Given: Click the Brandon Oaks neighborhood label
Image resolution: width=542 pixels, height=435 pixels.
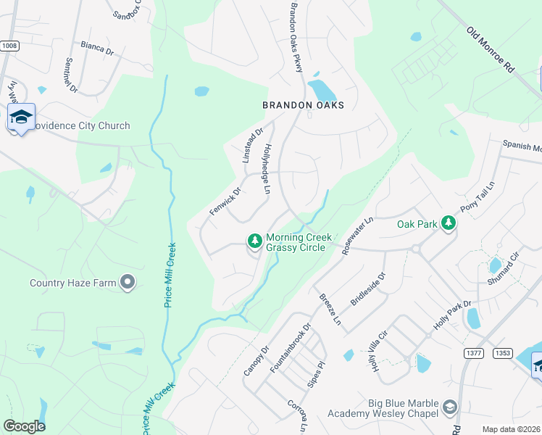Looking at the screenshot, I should pyautogui.click(x=303, y=105).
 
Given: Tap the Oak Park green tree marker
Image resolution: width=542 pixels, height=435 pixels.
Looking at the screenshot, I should pyautogui.click(x=449, y=224).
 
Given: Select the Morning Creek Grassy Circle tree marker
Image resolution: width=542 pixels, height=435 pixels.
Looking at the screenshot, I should pyautogui.click(x=254, y=240).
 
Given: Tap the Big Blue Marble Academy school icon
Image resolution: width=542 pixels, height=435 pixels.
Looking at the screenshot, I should pyautogui.click(x=450, y=407).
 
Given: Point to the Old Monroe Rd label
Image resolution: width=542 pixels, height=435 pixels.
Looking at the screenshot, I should pyautogui.click(x=491, y=49).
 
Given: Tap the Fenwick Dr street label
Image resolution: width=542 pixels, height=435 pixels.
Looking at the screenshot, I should pyautogui.click(x=225, y=201).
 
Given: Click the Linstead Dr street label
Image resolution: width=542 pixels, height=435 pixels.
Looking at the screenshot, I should pyautogui.click(x=254, y=144).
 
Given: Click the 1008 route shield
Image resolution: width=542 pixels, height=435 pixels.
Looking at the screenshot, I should pyautogui.click(x=9, y=46).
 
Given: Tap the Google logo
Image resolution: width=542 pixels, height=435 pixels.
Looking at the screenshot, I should pyautogui.click(x=25, y=426).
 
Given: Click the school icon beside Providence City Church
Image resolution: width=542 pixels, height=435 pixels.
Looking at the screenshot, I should pyautogui.click(x=21, y=117).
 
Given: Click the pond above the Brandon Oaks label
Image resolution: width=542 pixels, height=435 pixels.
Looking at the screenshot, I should pyautogui.click(x=322, y=90).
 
